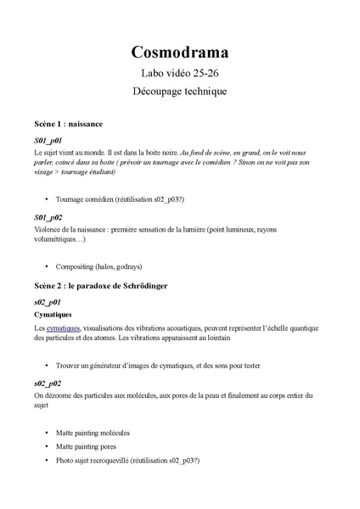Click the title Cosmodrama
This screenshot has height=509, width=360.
point(179,53)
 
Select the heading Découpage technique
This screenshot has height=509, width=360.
point(179,91)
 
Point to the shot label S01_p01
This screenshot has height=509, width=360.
point(48,139)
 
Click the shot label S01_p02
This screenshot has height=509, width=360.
point(48,217)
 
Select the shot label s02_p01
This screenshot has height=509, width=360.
point(48,301)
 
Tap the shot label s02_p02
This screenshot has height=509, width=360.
point(48,383)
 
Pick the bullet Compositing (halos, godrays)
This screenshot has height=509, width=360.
point(98,266)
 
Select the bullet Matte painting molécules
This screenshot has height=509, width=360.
point(93,433)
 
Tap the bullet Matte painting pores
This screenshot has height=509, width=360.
point(86,446)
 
